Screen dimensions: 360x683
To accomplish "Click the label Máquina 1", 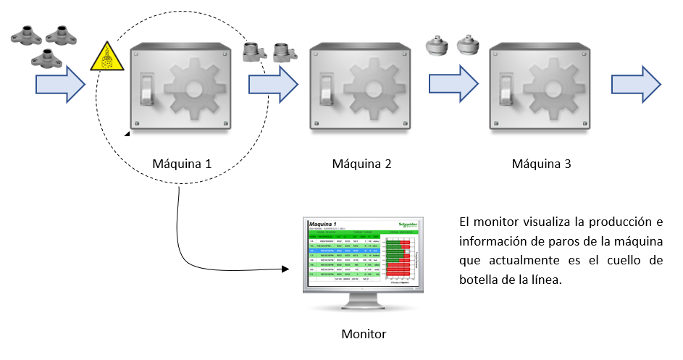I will coord(182,164).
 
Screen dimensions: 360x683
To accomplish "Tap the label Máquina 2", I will coord(361,164).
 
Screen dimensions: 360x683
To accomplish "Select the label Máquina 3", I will coord(541,164).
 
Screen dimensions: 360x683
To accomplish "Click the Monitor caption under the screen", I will coord(364,334).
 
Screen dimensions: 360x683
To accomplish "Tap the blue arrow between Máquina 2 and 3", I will coord(454,82).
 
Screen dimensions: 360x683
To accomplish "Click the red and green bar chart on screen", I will coord(399,258).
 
